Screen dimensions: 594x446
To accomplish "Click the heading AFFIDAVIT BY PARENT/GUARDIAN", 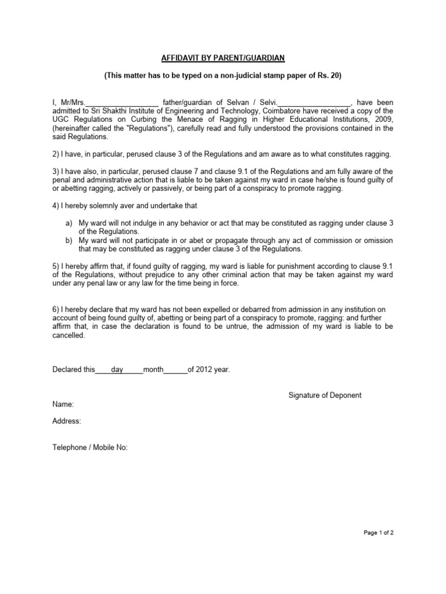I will [223, 59].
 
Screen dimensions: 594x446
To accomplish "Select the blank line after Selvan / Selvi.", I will [315, 103].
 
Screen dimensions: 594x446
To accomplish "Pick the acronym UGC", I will [62, 120].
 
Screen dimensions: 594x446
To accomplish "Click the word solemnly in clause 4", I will [107, 206].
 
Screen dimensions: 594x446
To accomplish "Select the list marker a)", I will [68, 223].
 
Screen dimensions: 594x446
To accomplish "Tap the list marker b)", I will [68, 241].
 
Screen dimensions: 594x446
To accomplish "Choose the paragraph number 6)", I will [56, 309].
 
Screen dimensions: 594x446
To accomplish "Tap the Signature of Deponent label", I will [325, 395].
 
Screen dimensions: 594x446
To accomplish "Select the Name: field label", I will [63, 404].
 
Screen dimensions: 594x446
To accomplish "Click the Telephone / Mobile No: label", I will [90, 447].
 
